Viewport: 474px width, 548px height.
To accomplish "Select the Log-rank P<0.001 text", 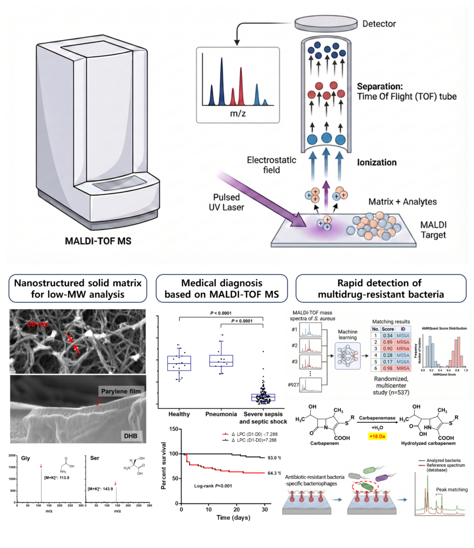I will [x=219, y=486].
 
